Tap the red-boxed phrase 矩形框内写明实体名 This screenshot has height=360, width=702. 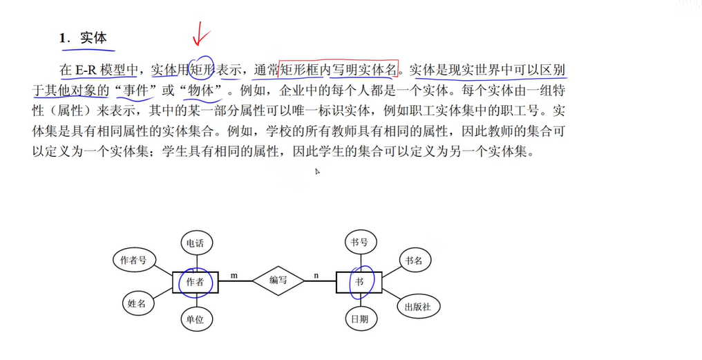point(338,70)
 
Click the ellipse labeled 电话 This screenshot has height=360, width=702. point(196,243)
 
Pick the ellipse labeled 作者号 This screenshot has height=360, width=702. point(133,260)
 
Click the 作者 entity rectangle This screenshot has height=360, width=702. point(196,281)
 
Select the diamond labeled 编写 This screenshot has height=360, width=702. point(278,281)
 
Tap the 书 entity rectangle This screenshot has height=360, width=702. point(359,281)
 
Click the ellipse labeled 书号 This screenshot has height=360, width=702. point(359,243)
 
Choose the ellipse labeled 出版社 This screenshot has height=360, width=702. point(418,306)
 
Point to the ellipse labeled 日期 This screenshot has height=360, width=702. point(359,319)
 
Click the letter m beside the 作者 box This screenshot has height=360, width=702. point(234,275)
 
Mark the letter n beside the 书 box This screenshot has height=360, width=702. point(316,275)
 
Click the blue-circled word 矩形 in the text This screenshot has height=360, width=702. point(201,70)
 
